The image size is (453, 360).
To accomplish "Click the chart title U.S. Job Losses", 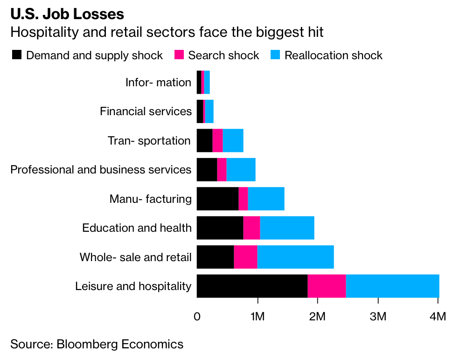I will click(x=67, y=14).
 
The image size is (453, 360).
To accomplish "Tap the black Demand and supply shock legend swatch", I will click(x=17, y=55).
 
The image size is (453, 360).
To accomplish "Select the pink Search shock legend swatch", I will click(x=179, y=55).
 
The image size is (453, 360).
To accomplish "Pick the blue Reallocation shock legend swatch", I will click(x=275, y=55).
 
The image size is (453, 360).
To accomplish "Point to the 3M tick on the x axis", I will click(x=377, y=317).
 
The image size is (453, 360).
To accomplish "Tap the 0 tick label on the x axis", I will click(x=197, y=317).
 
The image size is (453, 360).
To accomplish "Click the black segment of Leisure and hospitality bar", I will click(x=252, y=286).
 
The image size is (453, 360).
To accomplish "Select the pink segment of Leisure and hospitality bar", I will click(x=327, y=286).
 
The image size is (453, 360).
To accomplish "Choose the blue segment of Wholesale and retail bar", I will click(x=295, y=257).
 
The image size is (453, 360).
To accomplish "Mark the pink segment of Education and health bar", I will click(x=251, y=228).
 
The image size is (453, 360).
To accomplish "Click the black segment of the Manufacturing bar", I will click(x=217, y=199).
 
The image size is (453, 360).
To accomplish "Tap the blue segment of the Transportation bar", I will click(x=233, y=141).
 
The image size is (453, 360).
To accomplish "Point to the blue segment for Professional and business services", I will click(x=241, y=170).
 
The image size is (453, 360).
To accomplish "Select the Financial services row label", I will click(x=146, y=111).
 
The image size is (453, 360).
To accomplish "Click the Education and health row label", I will click(x=137, y=228).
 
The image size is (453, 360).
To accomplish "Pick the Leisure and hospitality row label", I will click(x=133, y=286).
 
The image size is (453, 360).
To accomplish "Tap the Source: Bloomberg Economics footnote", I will click(x=97, y=345).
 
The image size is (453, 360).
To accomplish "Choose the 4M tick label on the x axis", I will click(x=437, y=317).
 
